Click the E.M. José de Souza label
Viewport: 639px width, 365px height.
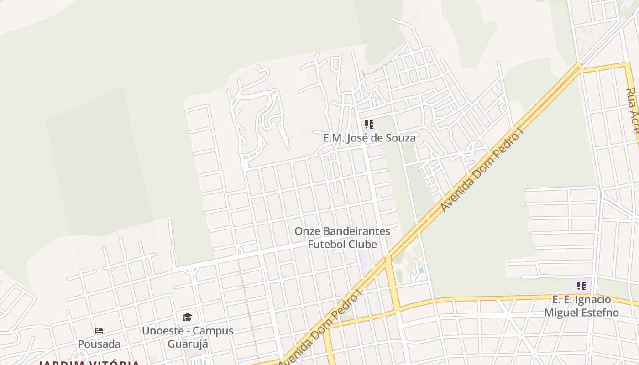pyautogui.click(x=369, y=138)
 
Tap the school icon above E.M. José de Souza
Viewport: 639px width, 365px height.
pyautogui.click(x=369, y=125)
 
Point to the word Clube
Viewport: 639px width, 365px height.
pyautogui.click(x=363, y=245)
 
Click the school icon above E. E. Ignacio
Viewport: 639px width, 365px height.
pyautogui.click(x=581, y=286)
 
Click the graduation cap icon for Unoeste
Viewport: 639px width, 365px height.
pyautogui.click(x=187, y=317)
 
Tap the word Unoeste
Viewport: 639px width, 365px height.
pyautogui.click(x=163, y=331)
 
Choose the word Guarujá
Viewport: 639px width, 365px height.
pyautogui.click(x=188, y=344)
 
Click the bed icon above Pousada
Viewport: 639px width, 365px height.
pyautogui.click(x=99, y=331)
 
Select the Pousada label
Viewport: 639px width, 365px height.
pyautogui.click(x=99, y=344)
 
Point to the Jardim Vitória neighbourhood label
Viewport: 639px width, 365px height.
pyautogui.click(x=89, y=363)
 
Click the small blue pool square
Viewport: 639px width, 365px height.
pyautogui.click(x=421, y=270)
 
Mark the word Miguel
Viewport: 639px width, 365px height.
pyautogui.click(x=560, y=313)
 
